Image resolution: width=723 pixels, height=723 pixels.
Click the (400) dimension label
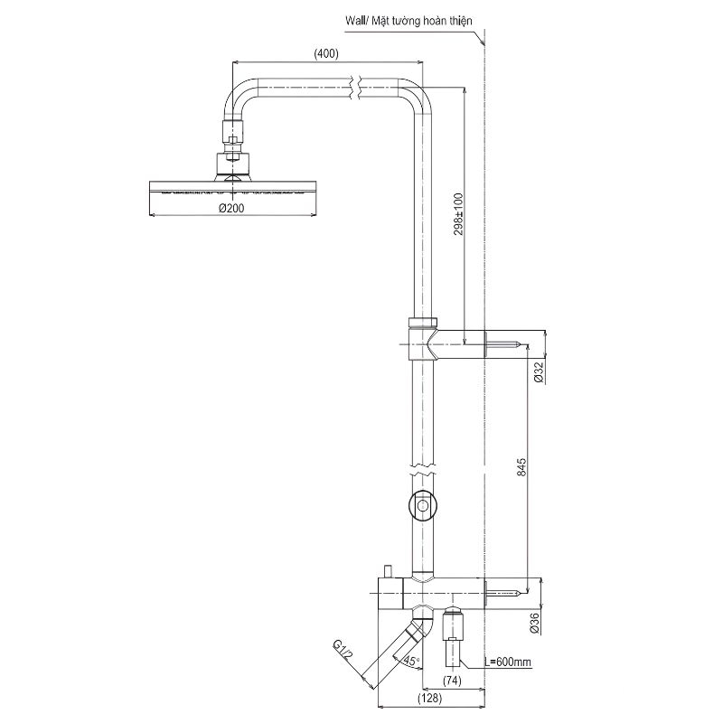(326, 53)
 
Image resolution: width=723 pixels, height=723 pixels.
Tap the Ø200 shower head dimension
(231, 209)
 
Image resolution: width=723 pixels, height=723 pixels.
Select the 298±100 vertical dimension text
(458, 214)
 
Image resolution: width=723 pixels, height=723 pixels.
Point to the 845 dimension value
(521, 466)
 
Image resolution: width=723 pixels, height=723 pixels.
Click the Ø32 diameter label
(539, 372)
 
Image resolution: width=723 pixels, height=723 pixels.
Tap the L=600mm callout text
(507, 662)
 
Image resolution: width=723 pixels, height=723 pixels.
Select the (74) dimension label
(452, 681)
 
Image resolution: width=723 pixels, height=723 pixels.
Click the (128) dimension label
(430, 698)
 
